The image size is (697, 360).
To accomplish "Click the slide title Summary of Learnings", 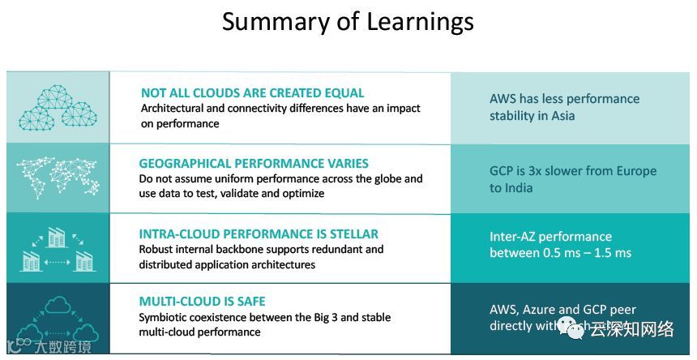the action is [348, 22].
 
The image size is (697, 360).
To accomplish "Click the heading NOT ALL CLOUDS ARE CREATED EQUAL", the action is [252, 93].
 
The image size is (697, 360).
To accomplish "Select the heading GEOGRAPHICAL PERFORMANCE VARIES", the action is [254, 163].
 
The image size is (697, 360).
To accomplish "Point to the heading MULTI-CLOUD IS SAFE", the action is [202, 302].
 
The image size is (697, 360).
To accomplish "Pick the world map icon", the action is [58, 178].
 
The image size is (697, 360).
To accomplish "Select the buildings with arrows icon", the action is [58, 248].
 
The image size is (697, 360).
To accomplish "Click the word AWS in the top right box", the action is [502, 99].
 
